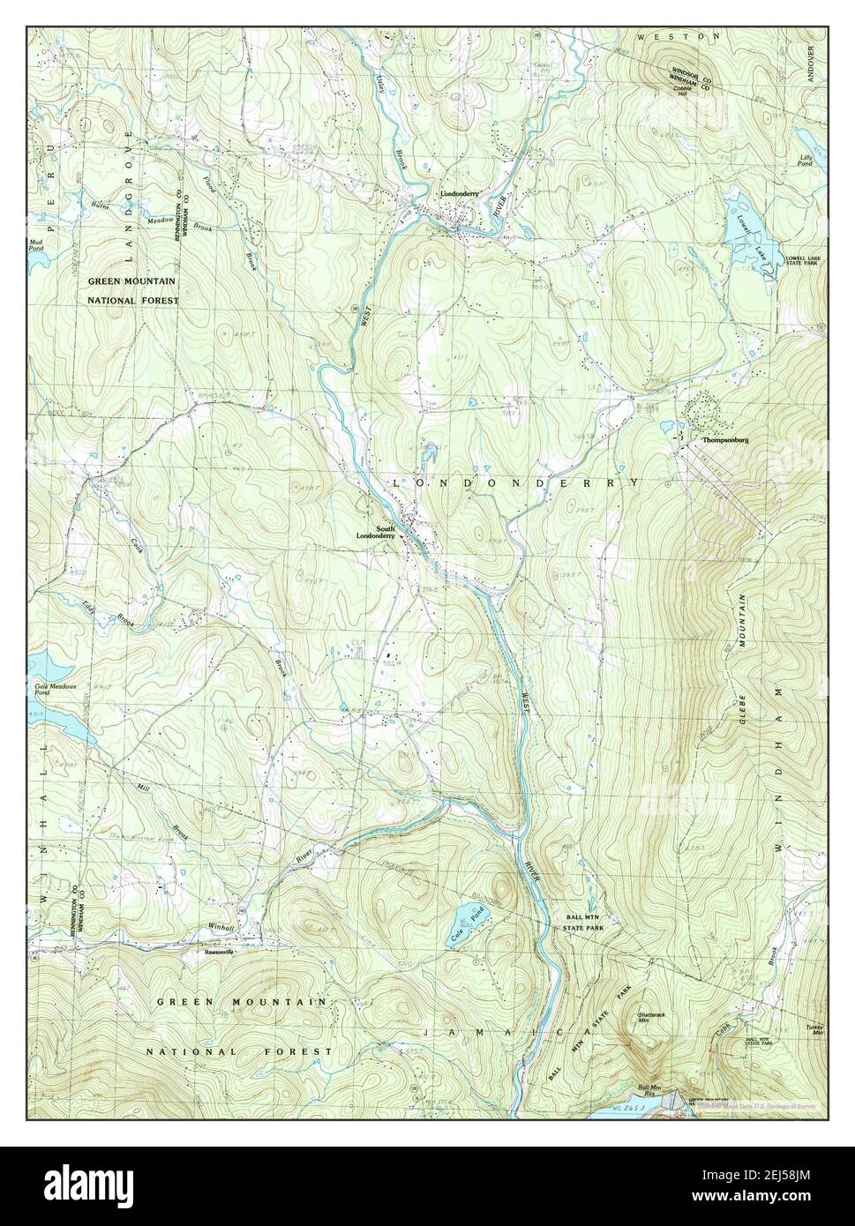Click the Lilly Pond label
[x=805, y=161]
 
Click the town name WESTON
[x=679, y=37]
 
